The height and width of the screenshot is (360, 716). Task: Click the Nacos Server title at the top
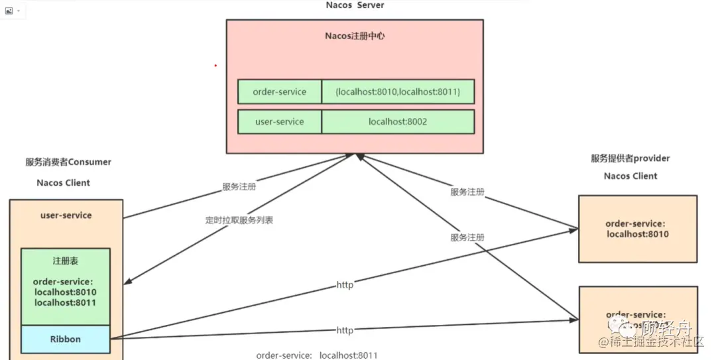pos(355,5)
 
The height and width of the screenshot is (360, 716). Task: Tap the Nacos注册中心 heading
pos(355,36)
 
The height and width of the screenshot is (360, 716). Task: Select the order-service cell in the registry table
pos(279,91)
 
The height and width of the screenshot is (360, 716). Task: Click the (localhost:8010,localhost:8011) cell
pos(398,91)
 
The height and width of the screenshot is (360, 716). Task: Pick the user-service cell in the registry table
pos(279,122)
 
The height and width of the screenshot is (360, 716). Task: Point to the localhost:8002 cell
pos(398,122)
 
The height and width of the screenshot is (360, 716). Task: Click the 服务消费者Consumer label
pos(68,162)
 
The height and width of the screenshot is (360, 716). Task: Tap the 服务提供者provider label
pos(630,158)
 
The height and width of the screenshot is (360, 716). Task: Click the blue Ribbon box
pos(66,339)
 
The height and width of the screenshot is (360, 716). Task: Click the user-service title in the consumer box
pos(66,215)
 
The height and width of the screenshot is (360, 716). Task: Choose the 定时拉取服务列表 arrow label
pos(239,220)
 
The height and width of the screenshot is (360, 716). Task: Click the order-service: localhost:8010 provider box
pos(637,229)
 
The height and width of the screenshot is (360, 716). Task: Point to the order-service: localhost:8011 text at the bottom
pos(317,355)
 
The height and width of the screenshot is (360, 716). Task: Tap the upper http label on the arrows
pos(345,285)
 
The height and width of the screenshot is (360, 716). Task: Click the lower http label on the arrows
pos(345,330)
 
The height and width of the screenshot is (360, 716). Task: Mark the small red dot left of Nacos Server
pos(215,66)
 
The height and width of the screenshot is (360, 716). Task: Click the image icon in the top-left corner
pos(9,11)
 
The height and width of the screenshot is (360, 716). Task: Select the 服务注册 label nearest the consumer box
pos(239,187)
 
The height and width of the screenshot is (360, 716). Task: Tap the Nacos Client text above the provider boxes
pos(630,176)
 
